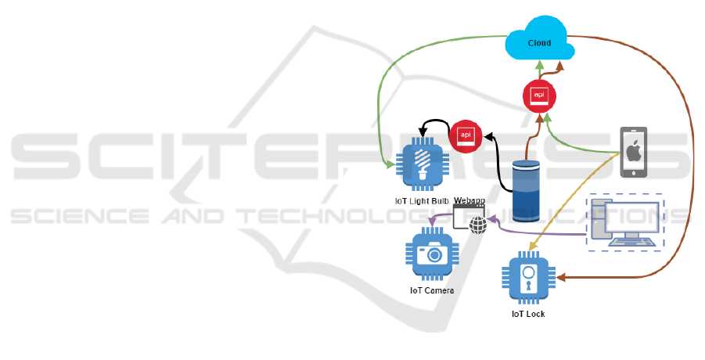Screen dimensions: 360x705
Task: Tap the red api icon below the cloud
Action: pyautogui.click(x=539, y=95)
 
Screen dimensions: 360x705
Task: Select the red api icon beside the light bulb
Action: pyautogui.click(x=464, y=134)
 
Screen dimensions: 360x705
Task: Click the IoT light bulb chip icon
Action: pyautogui.click(x=423, y=166)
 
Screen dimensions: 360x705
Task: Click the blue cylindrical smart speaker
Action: pyautogui.click(x=526, y=191)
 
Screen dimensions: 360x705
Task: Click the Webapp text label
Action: pyautogui.click(x=470, y=201)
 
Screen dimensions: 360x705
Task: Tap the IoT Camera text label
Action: pyautogui.click(x=432, y=290)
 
